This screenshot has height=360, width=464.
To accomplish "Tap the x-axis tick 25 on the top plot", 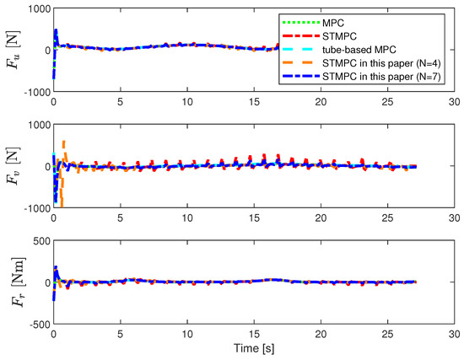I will coord(387,100).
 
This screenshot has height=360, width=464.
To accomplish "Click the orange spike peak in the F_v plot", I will coord(64,142).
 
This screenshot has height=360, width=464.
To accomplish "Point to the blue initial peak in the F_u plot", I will coord(56,30).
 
